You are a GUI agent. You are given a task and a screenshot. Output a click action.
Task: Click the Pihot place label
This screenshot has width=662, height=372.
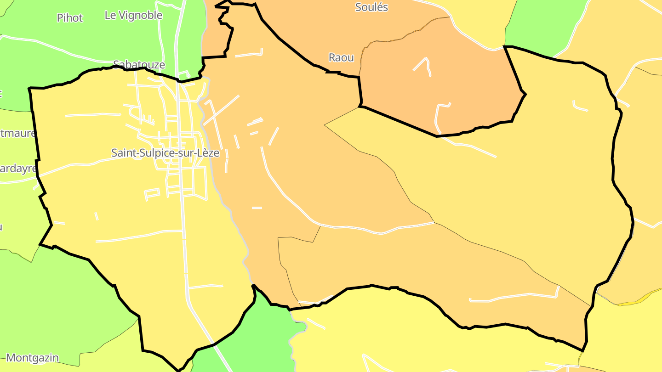70,18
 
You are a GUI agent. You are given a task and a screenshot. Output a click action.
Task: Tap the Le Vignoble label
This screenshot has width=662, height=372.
133,15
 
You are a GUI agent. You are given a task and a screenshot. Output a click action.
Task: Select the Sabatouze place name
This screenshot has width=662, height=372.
139,65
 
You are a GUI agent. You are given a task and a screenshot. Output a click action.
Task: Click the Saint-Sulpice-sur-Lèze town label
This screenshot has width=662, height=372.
165,153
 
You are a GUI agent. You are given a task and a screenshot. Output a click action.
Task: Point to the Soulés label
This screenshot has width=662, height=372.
371,7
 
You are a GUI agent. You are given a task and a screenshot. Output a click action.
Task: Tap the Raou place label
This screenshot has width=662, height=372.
341,58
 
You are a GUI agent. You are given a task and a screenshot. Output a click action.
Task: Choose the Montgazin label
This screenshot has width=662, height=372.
32,358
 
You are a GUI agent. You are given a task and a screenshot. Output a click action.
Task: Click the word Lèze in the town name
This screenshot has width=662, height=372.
209,153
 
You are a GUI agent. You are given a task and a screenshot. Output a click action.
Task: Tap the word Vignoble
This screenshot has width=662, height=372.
140,15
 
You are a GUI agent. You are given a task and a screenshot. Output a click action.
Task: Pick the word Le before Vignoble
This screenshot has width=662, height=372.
110,15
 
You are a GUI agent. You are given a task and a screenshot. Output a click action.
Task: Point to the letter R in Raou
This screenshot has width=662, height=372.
332,58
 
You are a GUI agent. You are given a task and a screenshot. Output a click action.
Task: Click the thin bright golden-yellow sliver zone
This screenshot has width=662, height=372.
634,303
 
